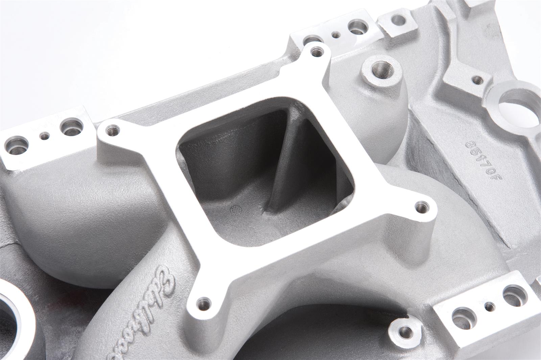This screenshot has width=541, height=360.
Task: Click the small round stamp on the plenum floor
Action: pyautogui.click(x=233, y=210)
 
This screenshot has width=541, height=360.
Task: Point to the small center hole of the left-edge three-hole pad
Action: pyautogui.click(x=44, y=136)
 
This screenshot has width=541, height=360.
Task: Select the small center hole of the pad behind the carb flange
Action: pyautogui.click(x=336, y=34)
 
